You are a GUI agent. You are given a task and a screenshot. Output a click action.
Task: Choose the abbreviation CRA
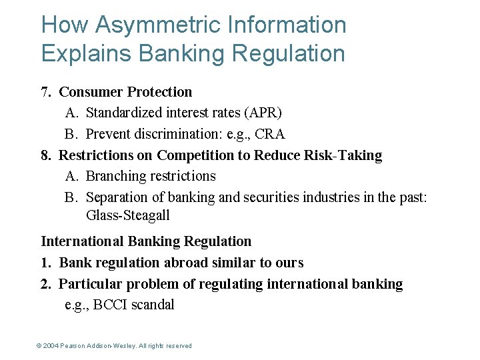pos(270,134)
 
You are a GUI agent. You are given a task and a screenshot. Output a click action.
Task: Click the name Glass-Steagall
pos(128,215)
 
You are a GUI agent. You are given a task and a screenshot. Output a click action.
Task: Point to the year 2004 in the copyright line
pos(51,346)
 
